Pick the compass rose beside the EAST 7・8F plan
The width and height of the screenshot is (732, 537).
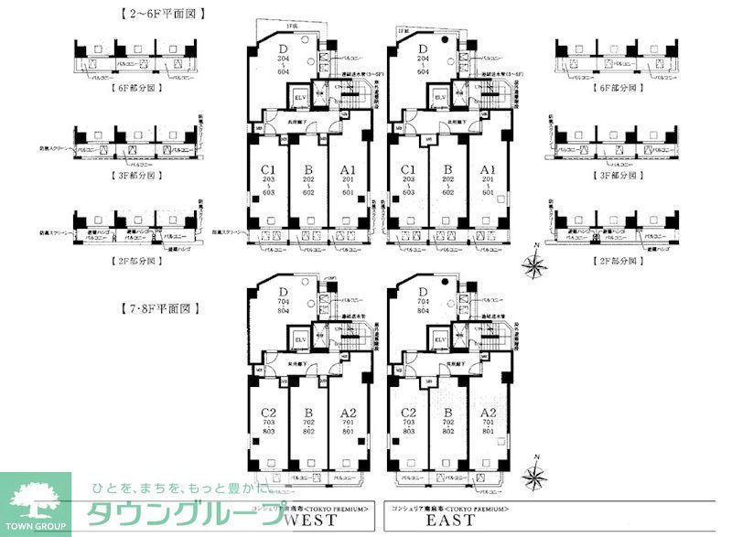(x=536, y=474)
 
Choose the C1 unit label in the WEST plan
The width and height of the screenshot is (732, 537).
(x=268, y=170)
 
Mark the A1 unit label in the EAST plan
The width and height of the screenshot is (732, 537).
(x=488, y=170)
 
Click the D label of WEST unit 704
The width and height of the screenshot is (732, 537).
(x=282, y=291)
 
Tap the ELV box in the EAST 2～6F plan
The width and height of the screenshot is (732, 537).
(x=441, y=97)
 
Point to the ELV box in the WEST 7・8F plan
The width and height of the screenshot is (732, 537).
(x=300, y=340)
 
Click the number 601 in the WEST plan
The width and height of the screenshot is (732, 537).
(x=347, y=193)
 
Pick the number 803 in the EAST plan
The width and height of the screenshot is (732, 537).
(x=408, y=430)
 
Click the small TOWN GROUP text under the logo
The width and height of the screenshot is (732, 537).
(x=35, y=528)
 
